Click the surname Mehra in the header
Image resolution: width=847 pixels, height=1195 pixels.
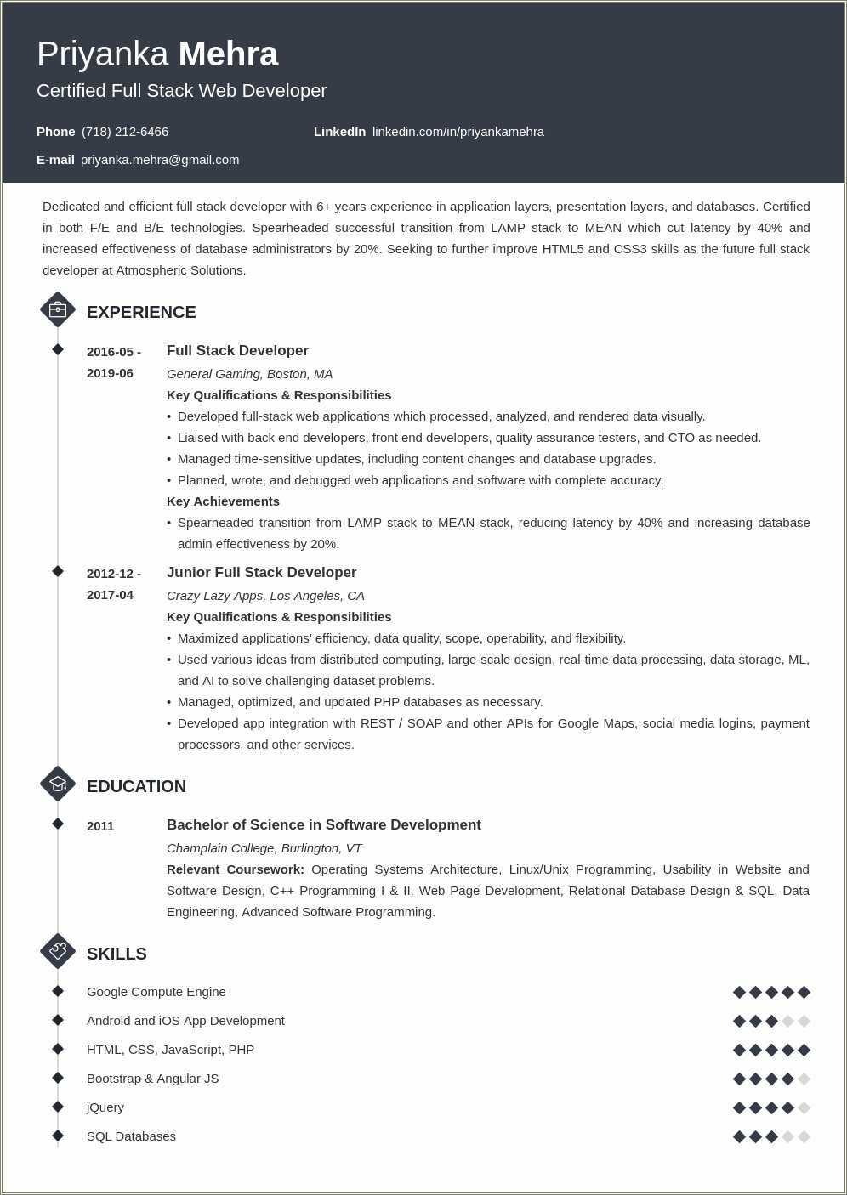[x=228, y=54]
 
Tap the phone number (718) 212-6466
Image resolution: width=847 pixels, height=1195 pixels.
[x=125, y=132]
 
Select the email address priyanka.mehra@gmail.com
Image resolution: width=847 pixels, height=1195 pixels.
[x=160, y=160]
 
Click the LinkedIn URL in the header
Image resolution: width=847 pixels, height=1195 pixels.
[x=458, y=132]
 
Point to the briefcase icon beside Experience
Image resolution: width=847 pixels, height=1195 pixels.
[x=58, y=310]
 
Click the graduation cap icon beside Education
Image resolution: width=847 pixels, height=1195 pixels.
[x=58, y=784]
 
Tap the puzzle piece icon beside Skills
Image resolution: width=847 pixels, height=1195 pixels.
[x=58, y=951]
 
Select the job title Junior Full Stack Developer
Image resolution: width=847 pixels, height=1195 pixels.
[x=261, y=573]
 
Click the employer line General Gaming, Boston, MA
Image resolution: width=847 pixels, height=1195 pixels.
[x=249, y=374]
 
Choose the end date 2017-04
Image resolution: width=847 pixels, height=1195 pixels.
[x=110, y=595]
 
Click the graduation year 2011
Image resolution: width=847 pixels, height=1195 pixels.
[x=100, y=826]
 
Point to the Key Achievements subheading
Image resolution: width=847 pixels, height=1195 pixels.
[x=223, y=501]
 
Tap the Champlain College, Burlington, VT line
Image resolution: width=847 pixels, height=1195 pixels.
[x=264, y=848]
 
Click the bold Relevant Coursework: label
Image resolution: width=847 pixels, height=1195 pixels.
[x=235, y=869]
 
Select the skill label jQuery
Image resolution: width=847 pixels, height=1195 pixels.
[x=105, y=1107]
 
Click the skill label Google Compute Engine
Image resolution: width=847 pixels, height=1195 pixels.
[x=156, y=992]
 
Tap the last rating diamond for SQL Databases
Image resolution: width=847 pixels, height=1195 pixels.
[x=804, y=1136]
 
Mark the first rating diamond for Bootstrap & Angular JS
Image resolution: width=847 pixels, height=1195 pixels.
[x=739, y=1079]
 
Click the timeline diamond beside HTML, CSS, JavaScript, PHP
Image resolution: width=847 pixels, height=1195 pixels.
[x=58, y=1049]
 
